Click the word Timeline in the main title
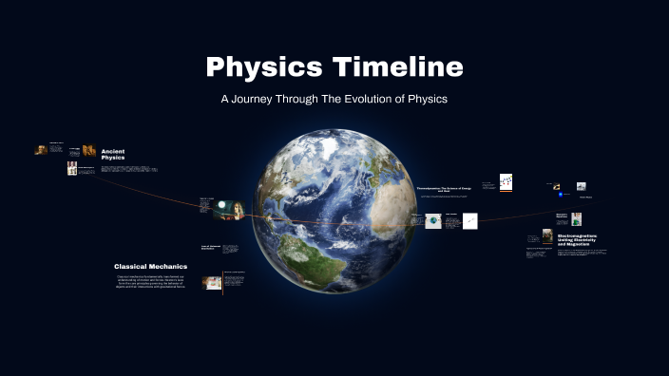[392, 67]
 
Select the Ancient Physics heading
[113, 154]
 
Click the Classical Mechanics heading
[150, 267]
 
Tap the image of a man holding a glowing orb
[228, 214]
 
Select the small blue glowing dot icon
[562, 195]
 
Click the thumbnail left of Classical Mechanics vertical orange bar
[212, 282]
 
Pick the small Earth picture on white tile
[433, 221]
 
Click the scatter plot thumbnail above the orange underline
[507, 181]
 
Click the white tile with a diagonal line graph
[469, 221]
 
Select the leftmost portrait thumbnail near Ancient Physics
[41, 149]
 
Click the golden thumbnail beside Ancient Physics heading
[88, 150]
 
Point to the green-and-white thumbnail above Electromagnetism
[576, 218]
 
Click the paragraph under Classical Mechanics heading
[150, 282]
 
